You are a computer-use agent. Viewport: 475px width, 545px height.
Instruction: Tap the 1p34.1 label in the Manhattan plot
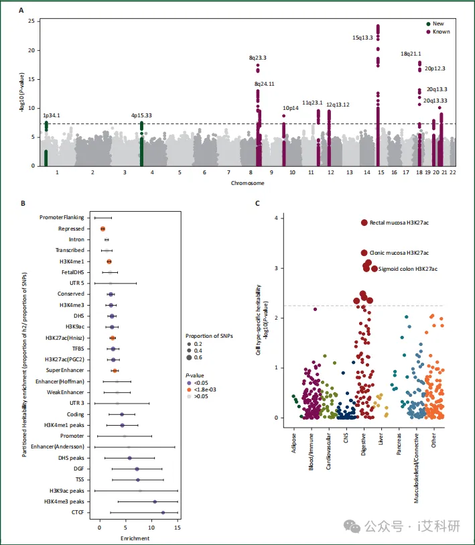pos(51,115)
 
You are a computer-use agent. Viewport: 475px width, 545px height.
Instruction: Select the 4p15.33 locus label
pos(141,115)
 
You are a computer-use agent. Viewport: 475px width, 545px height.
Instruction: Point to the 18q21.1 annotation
pos(411,54)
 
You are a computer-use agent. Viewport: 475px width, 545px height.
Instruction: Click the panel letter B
pos(23,203)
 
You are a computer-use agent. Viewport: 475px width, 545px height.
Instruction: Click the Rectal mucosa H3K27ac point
pos(364,223)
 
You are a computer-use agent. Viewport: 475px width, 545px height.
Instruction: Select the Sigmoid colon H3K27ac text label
pos(408,269)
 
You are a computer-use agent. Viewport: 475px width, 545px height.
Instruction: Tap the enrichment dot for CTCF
pos(163,512)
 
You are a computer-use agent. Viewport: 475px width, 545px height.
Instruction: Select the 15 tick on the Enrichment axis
pos(177,528)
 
